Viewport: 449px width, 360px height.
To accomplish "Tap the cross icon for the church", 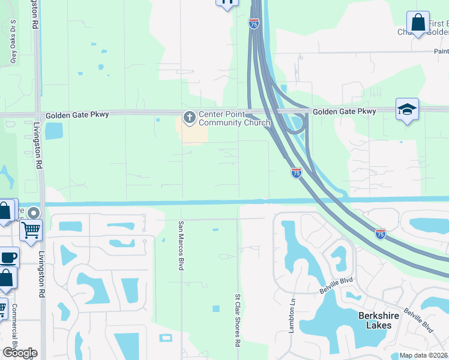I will (x=190, y=116).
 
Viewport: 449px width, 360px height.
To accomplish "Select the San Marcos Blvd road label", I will (x=179, y=245).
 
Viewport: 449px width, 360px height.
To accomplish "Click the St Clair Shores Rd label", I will (x=238, y=320).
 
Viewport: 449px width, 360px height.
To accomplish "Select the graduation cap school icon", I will (x=407, y=109).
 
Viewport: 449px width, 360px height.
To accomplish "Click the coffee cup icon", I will (x=8, y=257).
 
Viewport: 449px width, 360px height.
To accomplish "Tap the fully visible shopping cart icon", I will (x=31, y=229).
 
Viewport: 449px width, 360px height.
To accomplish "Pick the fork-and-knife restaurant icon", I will (x=227, y=2).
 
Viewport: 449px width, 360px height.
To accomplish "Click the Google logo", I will (x=20, y=353).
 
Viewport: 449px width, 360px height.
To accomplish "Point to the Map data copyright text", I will (x=424, y=355).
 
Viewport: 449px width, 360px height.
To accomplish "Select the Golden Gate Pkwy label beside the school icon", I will (x=344, y=112).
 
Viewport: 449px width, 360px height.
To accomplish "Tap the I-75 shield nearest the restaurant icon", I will (x=254, y=23).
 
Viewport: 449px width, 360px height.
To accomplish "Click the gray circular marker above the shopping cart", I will (x=34, y=212).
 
